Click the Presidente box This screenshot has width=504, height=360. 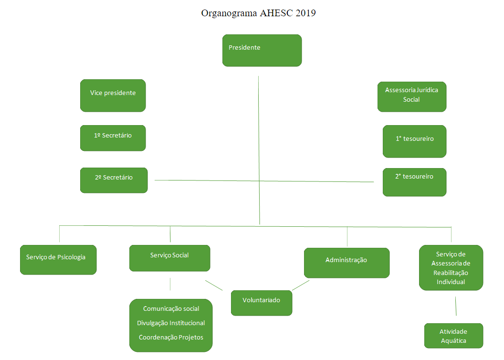[x=262, y=50]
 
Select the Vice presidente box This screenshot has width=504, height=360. [x=113, y=95]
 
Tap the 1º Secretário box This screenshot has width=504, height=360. [x=113, y=138]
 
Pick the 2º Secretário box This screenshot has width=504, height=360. [x=114, y=180]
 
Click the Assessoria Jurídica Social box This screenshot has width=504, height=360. [x=411, y=96]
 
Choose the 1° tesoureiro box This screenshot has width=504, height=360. [x=414, y=141]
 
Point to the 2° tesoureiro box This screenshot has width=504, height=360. [x=414, y=182]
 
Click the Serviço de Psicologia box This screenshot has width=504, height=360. [x=58, y=260]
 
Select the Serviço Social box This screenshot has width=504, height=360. [x=169, y=258]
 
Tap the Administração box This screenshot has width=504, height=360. [x=346, y=263]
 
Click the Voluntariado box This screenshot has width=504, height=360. [x=261, y=303]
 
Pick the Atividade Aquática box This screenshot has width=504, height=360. [x=453, y=336]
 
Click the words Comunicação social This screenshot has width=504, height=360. [x=171, y=309]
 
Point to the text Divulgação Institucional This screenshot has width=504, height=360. [x=171, y=323]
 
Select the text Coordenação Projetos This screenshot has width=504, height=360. [x=171, y=338]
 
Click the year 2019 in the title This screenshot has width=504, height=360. [x=305, y=13]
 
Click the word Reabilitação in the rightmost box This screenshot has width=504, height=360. [x=451, y=273]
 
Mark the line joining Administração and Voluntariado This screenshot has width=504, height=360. [x=301, y=285]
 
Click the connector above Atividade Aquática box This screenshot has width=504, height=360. [x=456, y=306]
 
